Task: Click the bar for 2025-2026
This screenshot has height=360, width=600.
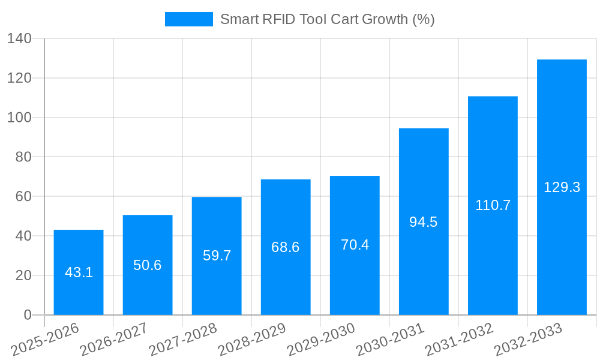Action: tap(79, 272)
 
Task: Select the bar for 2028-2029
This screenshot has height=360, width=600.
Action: tap(286, 247)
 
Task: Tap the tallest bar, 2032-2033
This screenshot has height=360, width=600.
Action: tap(562, 187)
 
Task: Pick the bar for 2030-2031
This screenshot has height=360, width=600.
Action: tap(424, 222)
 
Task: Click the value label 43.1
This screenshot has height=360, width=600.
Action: tap(79, 272)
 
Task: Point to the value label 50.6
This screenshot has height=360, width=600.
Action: tap(148, 265)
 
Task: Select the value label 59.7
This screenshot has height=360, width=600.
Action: tap(217, 256)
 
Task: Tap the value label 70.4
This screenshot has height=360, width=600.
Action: tap(355, 245)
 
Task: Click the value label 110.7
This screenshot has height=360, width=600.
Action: tap(493, 205)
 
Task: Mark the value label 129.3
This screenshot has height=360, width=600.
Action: tap(562, 187)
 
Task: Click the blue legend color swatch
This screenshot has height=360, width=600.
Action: tap(188, 19)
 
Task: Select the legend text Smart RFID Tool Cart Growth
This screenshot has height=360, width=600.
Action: tap(327, 19)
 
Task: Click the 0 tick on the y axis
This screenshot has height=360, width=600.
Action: tap(27, 315)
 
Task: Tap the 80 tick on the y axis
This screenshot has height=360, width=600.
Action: tap(23, 157)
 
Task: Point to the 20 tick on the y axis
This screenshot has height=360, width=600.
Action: tap(23, 275)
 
